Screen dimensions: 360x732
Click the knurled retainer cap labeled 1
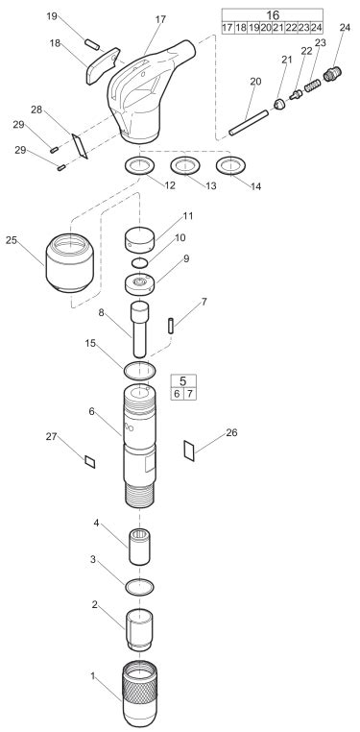click(x=139, y=695)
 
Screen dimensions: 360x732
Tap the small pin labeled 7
click(x=171, y=326)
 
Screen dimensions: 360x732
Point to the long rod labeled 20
click(x=249, y=123)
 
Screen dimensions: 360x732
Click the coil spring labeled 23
click(x=312, y=85)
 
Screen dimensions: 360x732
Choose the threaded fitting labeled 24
click(x=332, y=74)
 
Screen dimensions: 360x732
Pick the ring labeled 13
click(x=184, y=166)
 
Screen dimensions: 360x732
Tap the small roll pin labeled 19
click(x=92, y=44)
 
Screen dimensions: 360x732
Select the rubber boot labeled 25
click(x=69, y=262)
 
